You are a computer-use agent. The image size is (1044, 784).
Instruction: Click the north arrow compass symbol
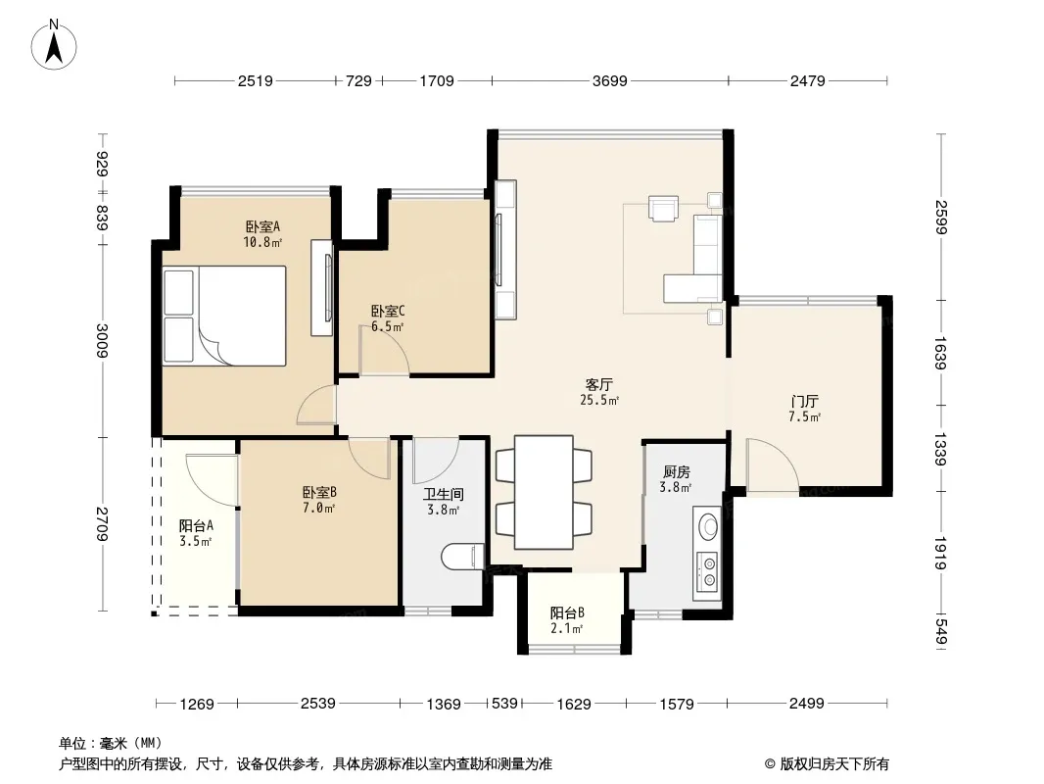coord(54,44)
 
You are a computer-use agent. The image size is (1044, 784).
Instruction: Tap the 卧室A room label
coord(262,226)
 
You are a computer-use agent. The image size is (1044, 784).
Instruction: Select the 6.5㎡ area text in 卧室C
coord(388,327)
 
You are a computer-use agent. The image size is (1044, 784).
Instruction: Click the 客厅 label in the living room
coord(598,384)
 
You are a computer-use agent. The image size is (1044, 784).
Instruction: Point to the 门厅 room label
coord(804,401)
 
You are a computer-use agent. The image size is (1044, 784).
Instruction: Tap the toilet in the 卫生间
coord(462,557)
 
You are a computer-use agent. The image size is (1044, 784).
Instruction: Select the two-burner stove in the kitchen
coord(707,573)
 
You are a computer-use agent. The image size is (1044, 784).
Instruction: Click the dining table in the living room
coord(544,492)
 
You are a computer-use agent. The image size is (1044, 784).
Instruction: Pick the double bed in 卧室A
coord(224,316)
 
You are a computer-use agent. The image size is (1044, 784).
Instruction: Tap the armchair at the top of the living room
coord(664,208)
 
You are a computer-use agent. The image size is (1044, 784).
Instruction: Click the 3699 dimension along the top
coord(610,80)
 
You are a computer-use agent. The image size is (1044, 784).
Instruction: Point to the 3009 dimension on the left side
coord(102,340)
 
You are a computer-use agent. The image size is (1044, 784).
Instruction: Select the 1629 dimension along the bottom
coord(574,704)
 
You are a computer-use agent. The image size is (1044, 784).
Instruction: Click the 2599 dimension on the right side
coord(940,218)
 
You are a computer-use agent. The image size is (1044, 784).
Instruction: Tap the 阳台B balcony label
coord(567,612)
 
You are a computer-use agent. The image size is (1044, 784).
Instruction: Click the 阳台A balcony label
coord(196,525)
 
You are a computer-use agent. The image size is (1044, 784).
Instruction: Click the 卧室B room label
coord(319,492)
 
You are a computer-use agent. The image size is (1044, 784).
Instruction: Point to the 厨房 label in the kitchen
coord(676,471)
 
